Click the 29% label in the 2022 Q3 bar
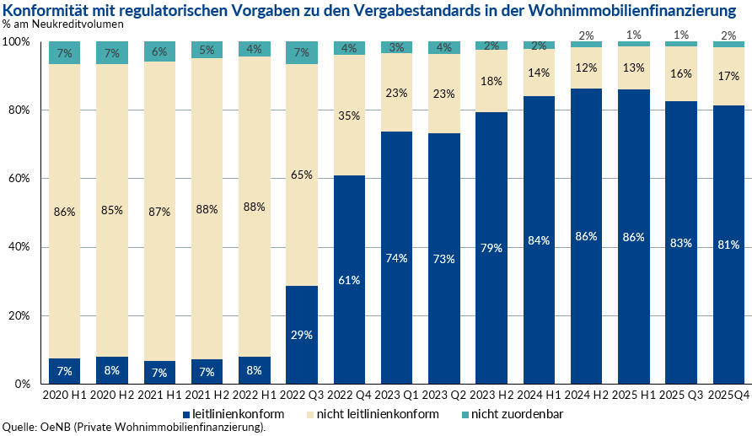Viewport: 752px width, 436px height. click(302, 335)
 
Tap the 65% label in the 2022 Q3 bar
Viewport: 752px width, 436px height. click(302, 175)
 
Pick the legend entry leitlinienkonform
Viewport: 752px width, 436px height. click(233, 414)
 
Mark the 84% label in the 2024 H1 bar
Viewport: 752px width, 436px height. click(539, 240)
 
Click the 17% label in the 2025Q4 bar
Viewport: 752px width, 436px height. click(728, 76)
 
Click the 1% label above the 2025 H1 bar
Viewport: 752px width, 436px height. click(633, 35)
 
